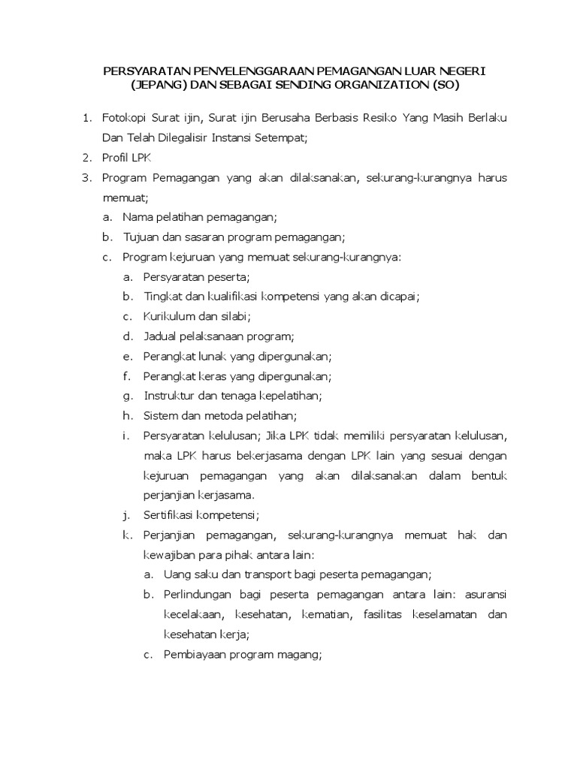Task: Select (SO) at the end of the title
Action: (x=445, y=86)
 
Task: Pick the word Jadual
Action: (x=160, y=336)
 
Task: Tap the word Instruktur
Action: (x=169, y=395)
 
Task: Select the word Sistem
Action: (x=161, y=415)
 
